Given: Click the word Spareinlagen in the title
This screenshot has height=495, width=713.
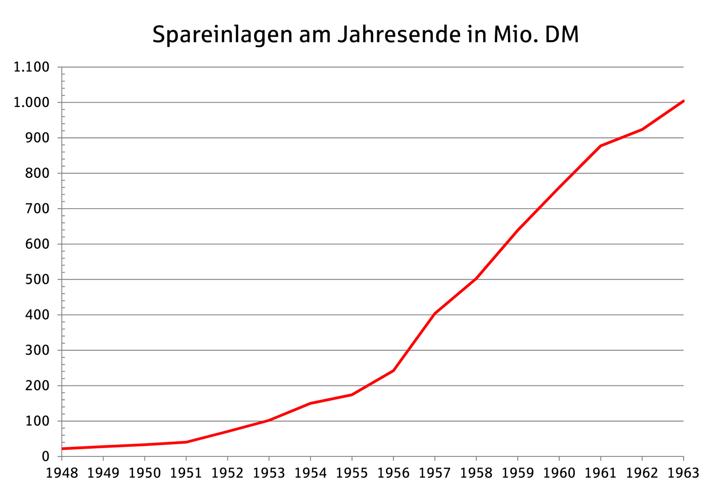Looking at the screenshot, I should coord(222,35).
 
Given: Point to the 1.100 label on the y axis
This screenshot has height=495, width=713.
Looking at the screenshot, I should coord(31,67).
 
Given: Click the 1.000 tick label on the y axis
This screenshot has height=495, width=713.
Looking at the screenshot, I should coord(31,103).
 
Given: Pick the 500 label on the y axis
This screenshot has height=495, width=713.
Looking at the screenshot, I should coord(37,280).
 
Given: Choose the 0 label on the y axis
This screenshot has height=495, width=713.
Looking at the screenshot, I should coord(45,456).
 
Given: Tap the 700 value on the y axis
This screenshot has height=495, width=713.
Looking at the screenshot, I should coord(37,209).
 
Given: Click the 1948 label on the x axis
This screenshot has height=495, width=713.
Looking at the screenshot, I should coord(62,473).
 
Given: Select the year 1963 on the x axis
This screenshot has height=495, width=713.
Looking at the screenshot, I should coord(683,473).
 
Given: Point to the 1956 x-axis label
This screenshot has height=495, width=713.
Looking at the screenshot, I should coord(393,473).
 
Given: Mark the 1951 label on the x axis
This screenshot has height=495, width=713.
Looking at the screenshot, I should coord(186,473).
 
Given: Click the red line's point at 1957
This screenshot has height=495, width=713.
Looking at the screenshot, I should coord(435,314).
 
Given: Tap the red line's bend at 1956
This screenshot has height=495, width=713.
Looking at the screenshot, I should coord(393,370).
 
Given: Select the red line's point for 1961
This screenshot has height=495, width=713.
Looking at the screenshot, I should coord(600,146).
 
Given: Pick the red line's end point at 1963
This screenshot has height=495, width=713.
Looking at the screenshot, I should coord(683,101).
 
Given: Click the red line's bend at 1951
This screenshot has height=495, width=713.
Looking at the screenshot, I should coord(186,442).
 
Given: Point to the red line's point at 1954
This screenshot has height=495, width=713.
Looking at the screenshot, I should coord(310,403).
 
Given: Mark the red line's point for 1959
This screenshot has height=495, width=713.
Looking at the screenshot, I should coord(518,230).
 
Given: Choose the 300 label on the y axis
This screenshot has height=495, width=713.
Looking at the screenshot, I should coord(37,350).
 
